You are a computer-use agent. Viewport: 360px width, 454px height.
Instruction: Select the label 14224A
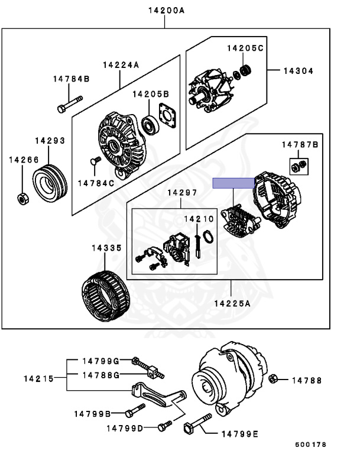point(121,65)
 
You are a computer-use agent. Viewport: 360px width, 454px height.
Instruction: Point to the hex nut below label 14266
point(21,198)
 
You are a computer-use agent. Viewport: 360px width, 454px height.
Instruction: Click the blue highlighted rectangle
point(234,183)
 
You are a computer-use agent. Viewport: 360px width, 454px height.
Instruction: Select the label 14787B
point(299,145)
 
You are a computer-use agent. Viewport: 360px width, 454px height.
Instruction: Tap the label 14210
point(199,219)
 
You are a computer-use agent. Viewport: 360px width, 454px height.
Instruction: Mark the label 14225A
point(232,303)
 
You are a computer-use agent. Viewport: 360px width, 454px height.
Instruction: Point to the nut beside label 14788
point(273,378)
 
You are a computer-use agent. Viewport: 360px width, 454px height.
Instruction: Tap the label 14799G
point(100,361)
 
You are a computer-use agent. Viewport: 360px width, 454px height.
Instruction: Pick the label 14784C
point(96,183)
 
